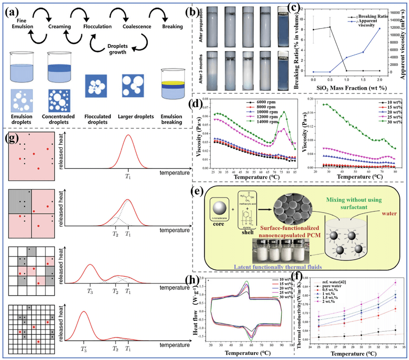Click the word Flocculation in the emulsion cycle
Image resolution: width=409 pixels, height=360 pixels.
click(x=97, y=27)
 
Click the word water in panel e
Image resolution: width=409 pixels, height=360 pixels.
click(x=388, y=215)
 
